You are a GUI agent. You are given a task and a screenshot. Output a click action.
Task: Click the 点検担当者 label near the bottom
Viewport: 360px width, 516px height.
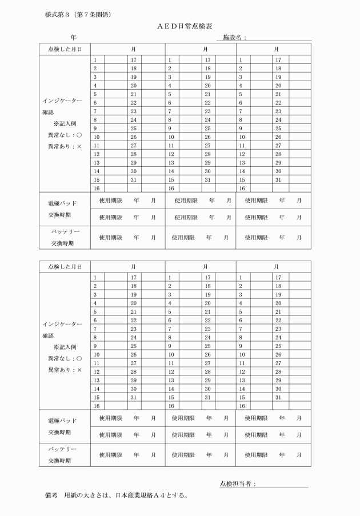click(237, 485)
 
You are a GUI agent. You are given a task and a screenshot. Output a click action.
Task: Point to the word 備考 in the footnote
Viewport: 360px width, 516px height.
click(50, 496)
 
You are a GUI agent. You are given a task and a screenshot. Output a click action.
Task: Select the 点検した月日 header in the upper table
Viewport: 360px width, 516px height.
click(65, 49)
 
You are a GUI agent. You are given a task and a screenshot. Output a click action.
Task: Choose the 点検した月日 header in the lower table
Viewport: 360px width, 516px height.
click(65, 267)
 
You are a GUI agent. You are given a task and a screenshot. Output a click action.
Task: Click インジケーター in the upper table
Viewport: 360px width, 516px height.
click(62, 101)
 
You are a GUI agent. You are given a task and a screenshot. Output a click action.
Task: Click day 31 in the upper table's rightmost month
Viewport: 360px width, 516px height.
click(278, 179)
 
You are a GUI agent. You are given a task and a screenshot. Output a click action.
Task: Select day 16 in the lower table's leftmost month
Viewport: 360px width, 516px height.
click(96, 405)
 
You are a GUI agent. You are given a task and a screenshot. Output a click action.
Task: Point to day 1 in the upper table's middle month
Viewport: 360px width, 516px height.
click(169, 59)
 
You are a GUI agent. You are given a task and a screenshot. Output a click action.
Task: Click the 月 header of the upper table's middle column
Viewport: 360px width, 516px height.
click(205, 49)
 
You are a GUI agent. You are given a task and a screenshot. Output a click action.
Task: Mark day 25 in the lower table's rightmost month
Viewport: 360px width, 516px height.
click(278, 346)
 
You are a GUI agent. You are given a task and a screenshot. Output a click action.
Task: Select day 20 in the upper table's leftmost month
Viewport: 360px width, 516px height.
click(133, 85)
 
